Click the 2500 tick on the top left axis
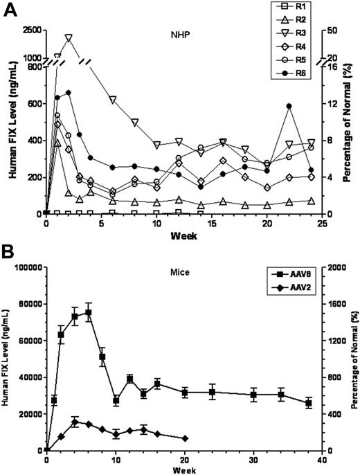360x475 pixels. pos(30,31)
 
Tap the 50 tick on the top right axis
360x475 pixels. pos(332,31)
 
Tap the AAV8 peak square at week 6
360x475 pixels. pos(88,312)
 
